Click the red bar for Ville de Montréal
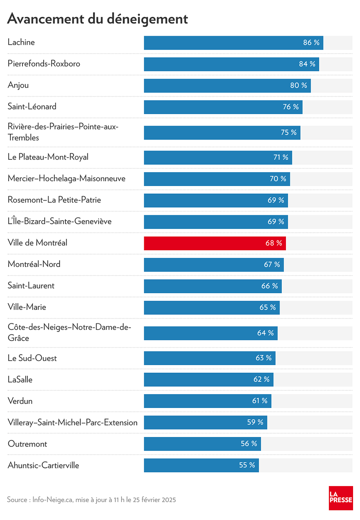pos(215,243)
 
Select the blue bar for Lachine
pos(234,43)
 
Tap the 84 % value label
pos(307,64)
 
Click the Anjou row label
pos(18,85)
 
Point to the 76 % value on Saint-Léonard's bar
pos(290,107)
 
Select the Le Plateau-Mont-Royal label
pos(48,157)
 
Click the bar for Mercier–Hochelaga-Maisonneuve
pos(217,179)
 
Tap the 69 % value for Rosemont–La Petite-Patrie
pos(276,200)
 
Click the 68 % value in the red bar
pos(274,243)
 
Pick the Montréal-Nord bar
pos(214,265)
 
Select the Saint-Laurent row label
pos(31,285)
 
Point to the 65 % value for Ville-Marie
pos(268,307)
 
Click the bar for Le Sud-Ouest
pos(210,358)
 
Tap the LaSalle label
pos(20,379)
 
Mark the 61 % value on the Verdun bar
pos(260,401)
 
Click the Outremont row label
pos(27,444)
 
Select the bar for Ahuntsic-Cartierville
pos(201,466)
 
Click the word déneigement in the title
pos(147,19)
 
